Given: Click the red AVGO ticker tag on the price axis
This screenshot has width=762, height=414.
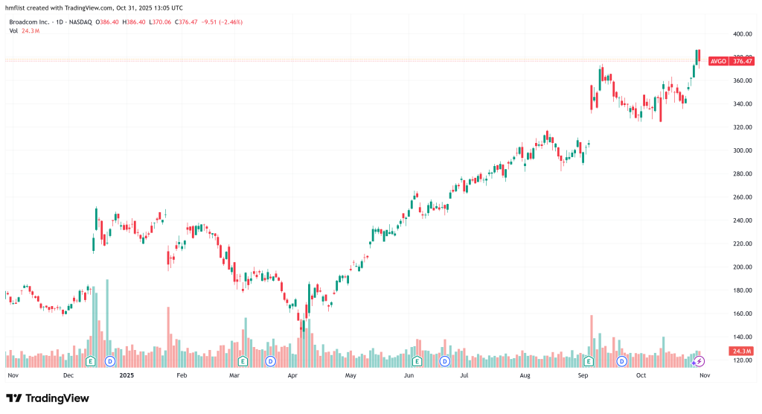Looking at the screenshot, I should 718,61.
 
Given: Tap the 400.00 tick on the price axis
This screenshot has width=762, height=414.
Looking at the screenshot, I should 740,34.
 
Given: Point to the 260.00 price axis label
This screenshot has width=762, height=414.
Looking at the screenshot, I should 740,197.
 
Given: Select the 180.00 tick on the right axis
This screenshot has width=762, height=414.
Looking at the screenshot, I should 740,290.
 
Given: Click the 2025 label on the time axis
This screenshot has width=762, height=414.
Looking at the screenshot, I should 126,376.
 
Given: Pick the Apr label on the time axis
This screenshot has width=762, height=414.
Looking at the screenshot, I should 292,376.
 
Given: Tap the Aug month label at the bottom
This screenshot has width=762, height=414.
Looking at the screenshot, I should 525,376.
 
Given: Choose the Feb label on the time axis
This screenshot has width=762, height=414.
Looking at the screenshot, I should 181,376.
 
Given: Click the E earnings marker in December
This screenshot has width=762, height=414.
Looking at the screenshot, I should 91,361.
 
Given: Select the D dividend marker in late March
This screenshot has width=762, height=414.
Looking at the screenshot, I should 271,361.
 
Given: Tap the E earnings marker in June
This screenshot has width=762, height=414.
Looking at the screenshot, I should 417,361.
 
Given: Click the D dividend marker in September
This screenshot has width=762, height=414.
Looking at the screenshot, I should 622,361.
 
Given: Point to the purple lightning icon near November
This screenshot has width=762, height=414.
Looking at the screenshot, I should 698,361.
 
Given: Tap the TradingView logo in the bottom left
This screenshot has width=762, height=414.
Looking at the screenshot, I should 48,398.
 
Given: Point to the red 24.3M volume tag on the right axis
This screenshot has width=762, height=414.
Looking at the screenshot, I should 741,351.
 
